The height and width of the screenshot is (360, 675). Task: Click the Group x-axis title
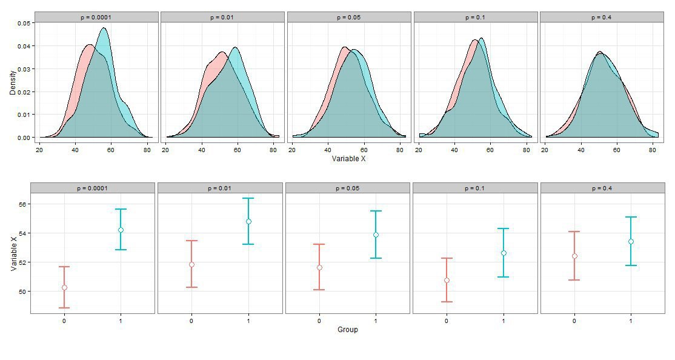point(347,330)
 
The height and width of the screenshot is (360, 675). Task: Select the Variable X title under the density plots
point(348,159)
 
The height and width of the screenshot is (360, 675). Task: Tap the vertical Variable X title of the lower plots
point(13,253)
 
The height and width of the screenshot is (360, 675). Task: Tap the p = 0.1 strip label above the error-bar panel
point(475,188)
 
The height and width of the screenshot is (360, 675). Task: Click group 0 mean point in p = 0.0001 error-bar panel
point(64,287)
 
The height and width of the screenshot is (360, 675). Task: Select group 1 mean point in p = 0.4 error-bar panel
point(631,241)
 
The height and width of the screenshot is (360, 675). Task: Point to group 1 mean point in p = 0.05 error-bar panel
point(376,235)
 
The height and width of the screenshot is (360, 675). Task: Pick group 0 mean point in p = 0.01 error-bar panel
point(191,264)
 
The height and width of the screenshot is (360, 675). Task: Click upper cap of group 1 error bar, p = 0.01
point(248,198)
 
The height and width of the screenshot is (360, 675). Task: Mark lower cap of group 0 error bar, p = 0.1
point(447,302)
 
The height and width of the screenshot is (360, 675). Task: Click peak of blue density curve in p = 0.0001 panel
point(104,28)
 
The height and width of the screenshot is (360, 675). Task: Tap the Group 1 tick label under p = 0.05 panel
point(376,320)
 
